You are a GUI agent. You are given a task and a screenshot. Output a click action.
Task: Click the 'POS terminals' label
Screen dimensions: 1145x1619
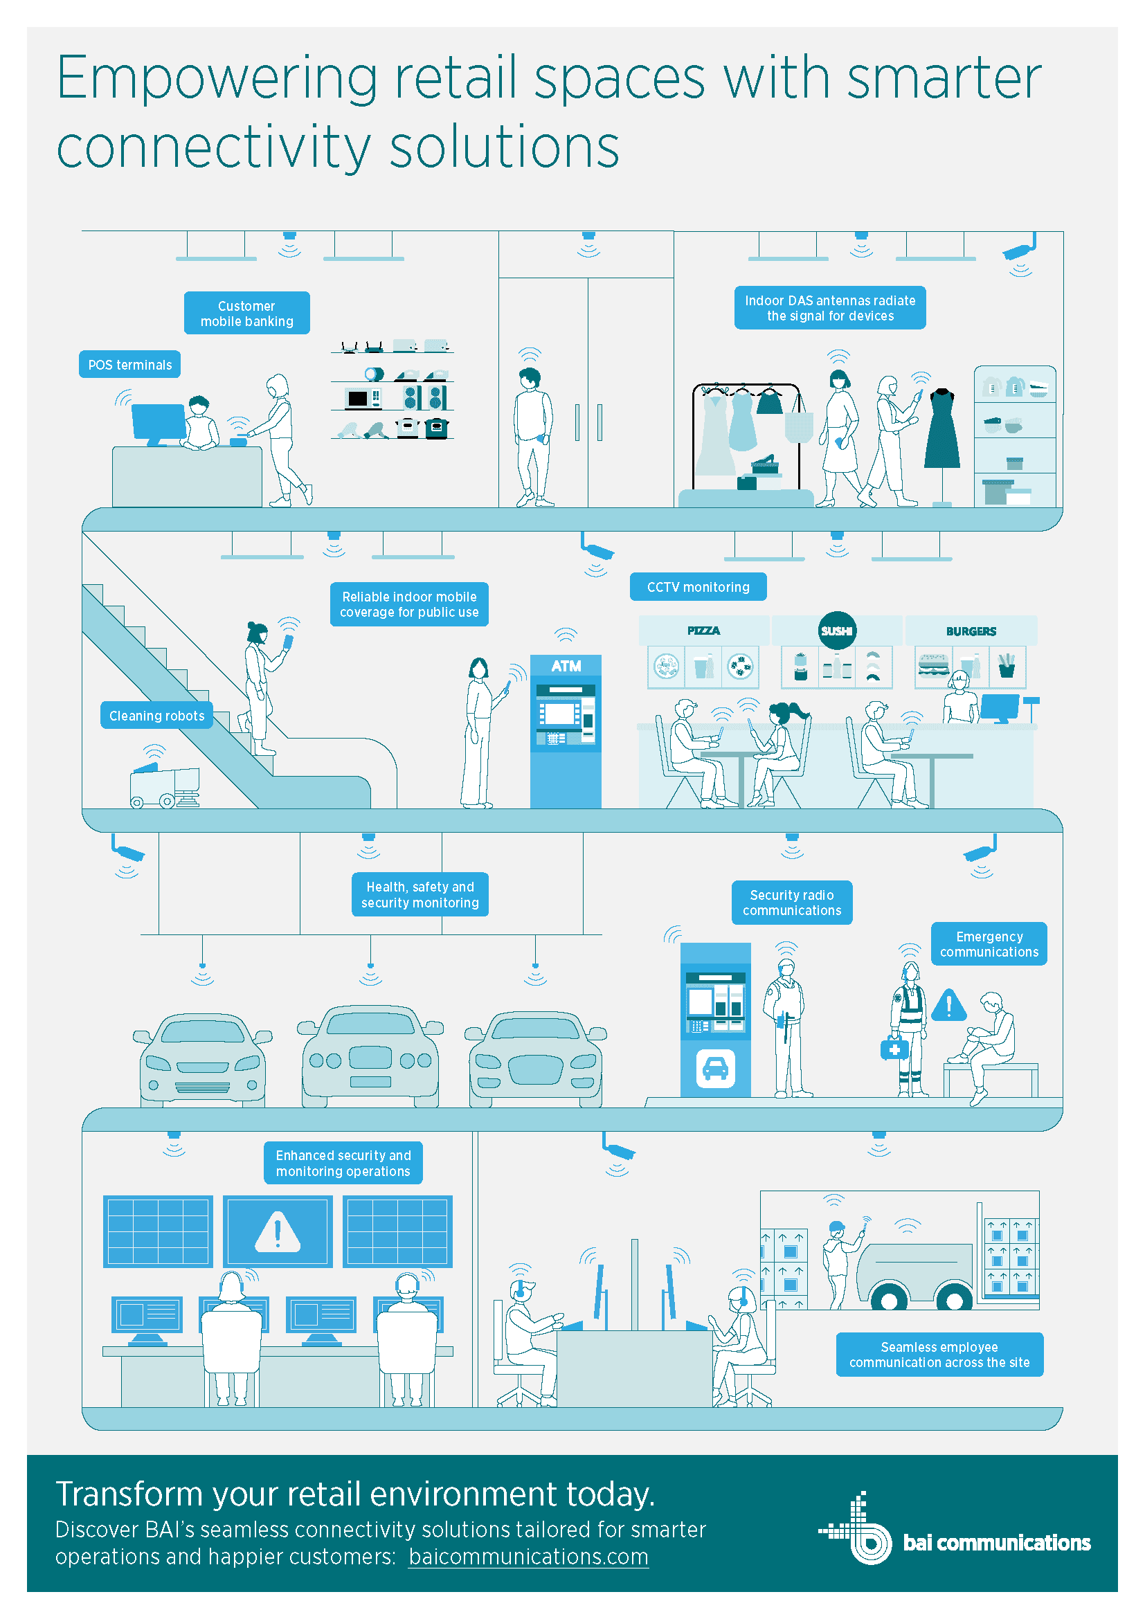[x=129, y=365]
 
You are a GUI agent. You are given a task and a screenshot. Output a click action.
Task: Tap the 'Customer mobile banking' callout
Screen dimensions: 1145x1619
[x=246, y=313]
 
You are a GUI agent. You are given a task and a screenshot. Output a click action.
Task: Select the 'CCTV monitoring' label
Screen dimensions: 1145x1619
[x=698, y=587]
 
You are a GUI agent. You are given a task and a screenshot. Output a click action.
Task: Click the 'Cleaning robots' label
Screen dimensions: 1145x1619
[x=156, y=716]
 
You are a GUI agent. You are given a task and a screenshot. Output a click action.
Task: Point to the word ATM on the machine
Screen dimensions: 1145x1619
[x=566, y=666]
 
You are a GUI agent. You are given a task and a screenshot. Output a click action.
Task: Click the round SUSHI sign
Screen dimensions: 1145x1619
[x=837, y=631]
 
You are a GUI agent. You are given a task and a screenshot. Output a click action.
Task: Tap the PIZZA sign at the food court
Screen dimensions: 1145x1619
[x=703, y=631]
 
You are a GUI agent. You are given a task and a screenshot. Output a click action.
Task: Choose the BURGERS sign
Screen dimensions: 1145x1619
[x=971, y=631]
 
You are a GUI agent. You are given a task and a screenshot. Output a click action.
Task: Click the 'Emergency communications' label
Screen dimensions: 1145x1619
[x=989, y=943]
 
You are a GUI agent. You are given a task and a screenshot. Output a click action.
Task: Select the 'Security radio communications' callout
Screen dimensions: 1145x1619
[x=792, y=903]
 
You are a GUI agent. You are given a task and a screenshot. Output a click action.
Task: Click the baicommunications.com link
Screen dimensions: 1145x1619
[x=528, y=1556]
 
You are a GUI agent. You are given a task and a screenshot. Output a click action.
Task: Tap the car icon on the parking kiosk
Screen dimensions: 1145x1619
[x=716, y=1068]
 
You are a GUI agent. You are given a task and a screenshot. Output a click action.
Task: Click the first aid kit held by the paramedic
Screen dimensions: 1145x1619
[x=894, y=1049]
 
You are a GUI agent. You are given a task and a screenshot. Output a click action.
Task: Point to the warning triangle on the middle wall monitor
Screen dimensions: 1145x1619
[x=278, y=1232]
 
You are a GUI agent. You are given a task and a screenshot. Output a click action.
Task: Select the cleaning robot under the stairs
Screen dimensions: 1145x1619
[x=165, y=785]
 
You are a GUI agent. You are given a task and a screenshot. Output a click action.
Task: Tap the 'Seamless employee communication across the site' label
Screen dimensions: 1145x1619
[x=939, y=1355]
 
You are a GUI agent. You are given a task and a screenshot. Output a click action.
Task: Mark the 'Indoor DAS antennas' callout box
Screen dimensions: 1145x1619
[x=830, y=307]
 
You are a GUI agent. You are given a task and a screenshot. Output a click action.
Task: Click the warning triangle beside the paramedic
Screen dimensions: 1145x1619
[x=949, y=1005]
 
